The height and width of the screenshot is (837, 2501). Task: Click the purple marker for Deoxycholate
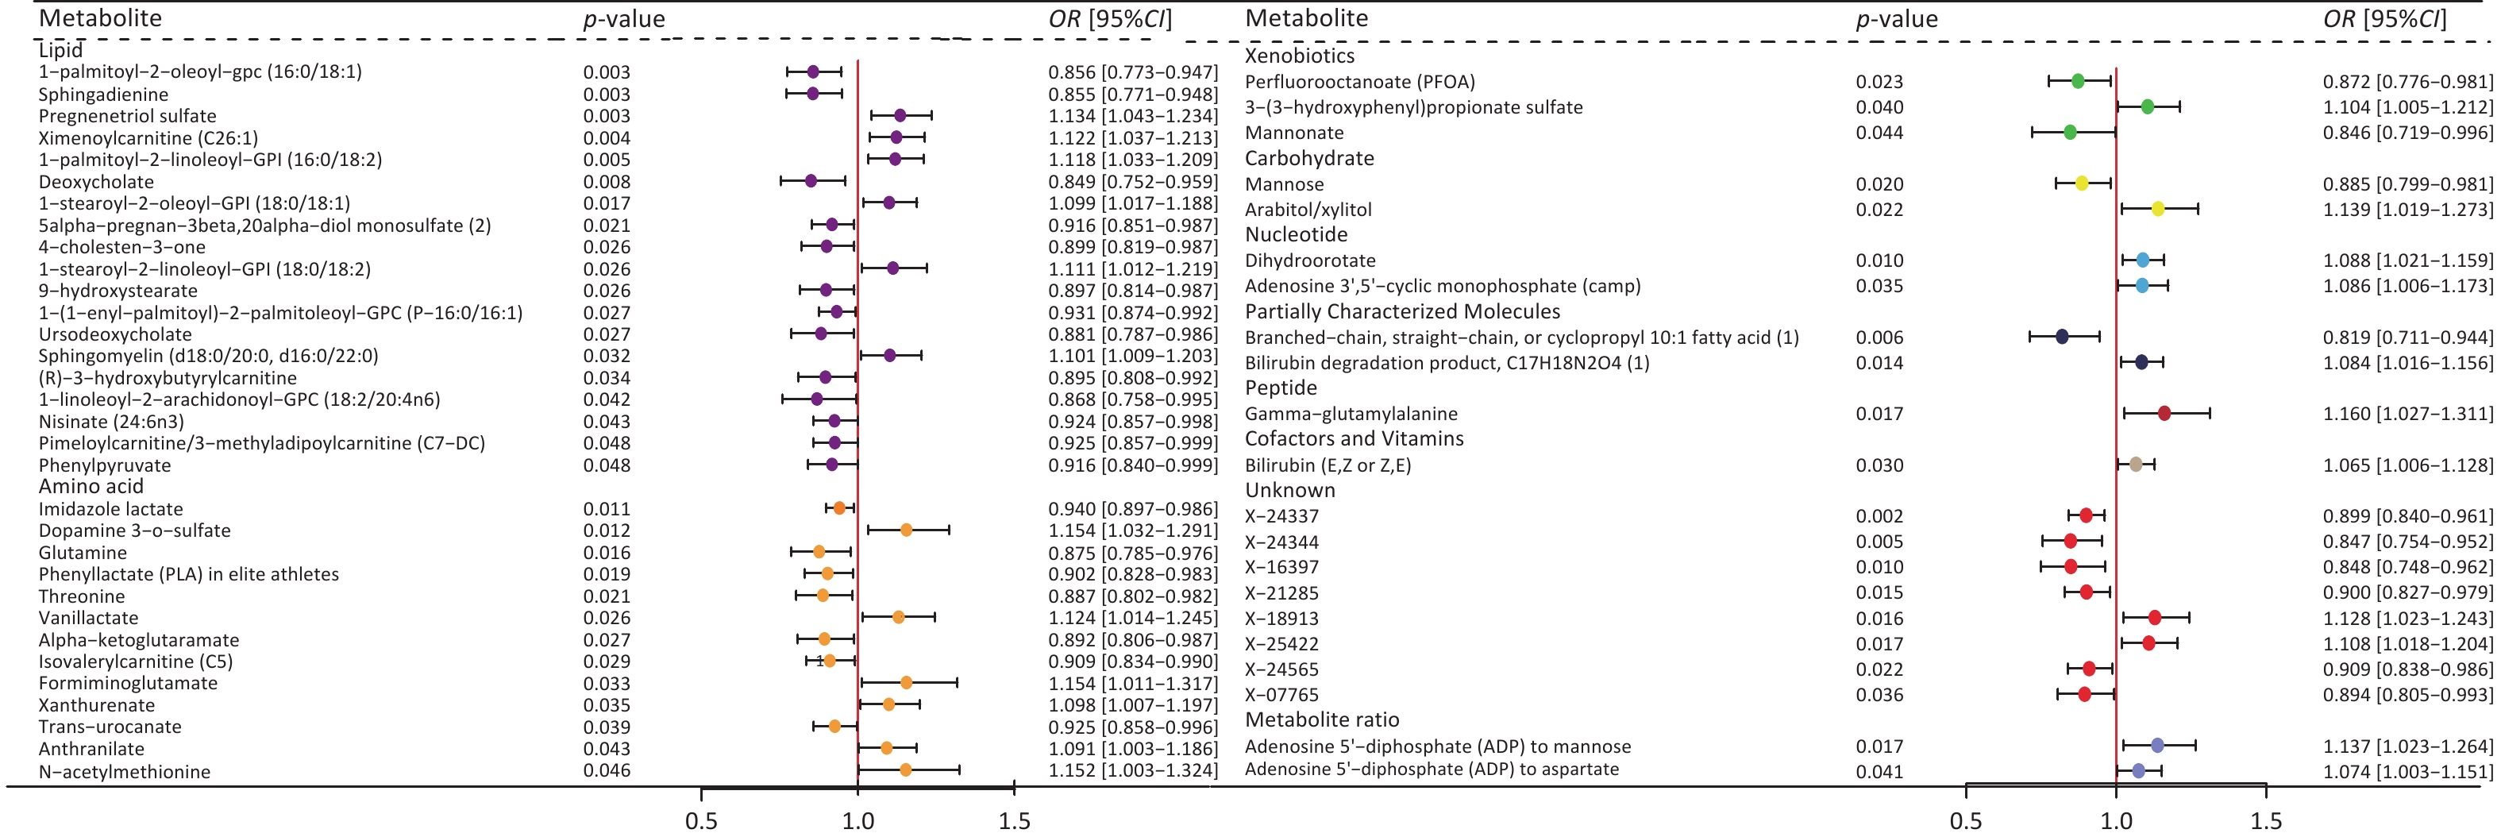pos(811,180)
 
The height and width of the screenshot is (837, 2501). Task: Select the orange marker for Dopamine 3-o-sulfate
pos(906,530)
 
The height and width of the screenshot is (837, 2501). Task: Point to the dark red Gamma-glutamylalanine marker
pos(2164,414)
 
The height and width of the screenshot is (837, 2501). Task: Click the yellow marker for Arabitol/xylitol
pos(2157,209)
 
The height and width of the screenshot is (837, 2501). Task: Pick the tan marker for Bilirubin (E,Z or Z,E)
pos(2136,464)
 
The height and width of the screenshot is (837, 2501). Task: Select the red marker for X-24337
pos(2087,515)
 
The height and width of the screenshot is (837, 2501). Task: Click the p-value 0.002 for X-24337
pos(1879,516)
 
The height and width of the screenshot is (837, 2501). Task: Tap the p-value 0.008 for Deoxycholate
pos(607,182)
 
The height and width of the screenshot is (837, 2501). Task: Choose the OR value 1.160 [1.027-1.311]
pos(2407,415)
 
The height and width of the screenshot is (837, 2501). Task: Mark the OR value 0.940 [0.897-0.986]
pos(1132,509)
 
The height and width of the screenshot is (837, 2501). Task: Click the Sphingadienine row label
pos(104,94)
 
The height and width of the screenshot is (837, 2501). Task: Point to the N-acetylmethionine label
pos(125,772)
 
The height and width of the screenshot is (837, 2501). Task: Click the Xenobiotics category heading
pos(1299,56)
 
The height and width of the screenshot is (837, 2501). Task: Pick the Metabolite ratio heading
pos(1322,719)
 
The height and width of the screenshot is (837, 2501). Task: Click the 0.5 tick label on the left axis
pos(701,820)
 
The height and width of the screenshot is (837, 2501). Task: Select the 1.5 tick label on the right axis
pos(2265,820)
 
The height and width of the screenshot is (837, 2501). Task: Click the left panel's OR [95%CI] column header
pos(1110,19)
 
